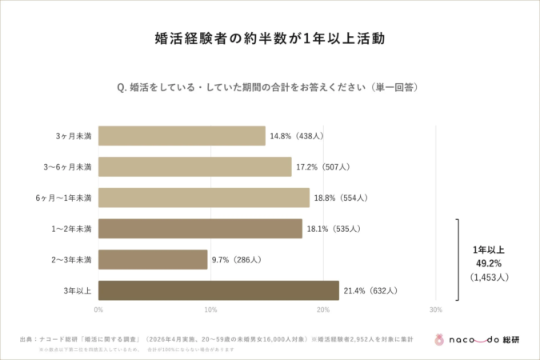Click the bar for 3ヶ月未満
182,136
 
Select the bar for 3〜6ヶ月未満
194,166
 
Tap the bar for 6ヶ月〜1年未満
203,198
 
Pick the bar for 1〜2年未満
200,229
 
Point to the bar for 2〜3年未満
153,259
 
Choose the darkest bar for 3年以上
218,290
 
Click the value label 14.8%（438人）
297,136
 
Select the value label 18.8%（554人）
341,198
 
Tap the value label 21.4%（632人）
370,290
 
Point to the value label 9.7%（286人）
238,259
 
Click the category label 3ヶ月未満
74,136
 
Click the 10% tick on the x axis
210,310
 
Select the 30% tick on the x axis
435,310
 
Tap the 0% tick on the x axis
98,310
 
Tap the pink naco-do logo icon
439,338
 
